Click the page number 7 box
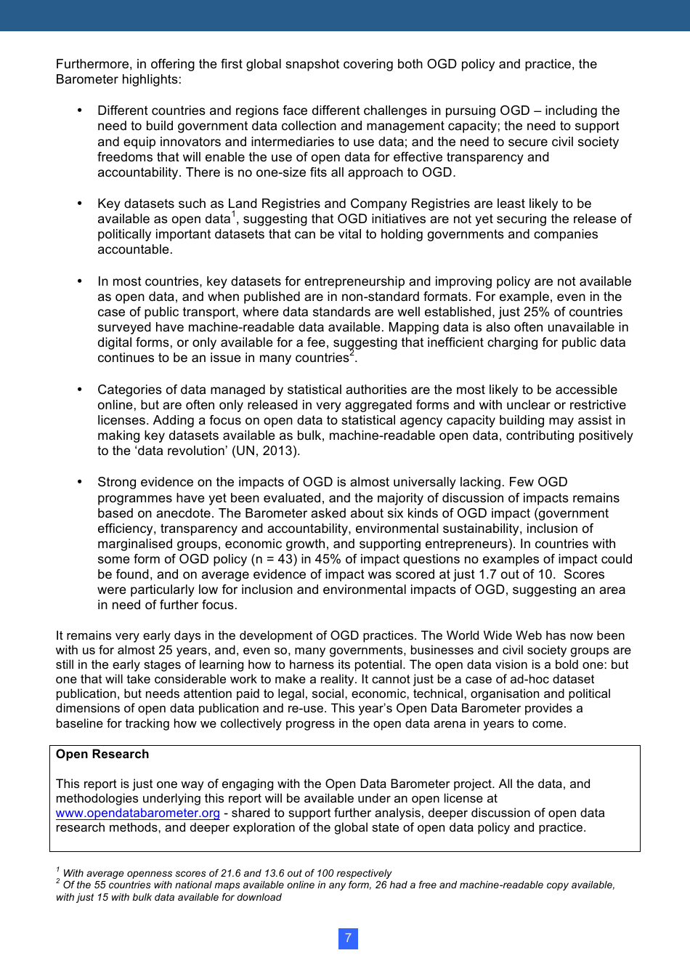(348, 938)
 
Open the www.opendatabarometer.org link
(137, 813)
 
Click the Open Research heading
(102, 754)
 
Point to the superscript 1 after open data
(234, 214)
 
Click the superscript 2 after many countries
(352, 353)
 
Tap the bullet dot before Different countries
(80, 110)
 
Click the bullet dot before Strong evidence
(80, 482)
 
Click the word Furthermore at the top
(91, 64)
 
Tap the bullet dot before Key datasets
(80, 204)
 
